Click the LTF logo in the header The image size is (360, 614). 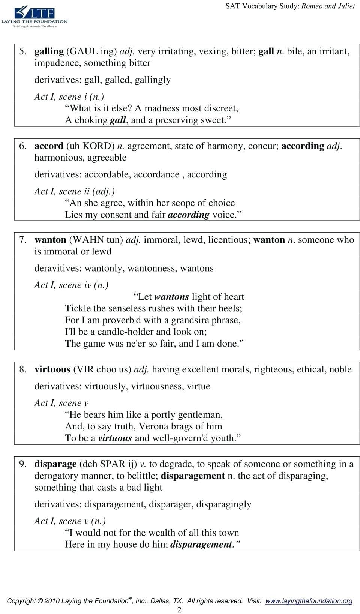coord(34,16)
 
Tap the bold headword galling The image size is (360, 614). coord(49,51)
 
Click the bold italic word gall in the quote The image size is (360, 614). coord(118,120)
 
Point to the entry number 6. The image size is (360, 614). coord(22,146)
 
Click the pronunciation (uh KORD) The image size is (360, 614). coord(90,146)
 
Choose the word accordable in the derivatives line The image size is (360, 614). coord(107,174)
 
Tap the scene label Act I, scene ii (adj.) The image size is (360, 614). coord(74,191)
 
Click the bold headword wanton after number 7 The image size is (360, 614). coord(50,240)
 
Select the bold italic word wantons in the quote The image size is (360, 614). coord(171,297)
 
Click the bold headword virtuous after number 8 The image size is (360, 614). coord(52,369)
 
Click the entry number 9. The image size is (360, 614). coord(22,464)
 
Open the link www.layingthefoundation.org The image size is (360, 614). coord(309,601)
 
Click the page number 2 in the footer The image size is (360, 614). coord(179,610)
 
